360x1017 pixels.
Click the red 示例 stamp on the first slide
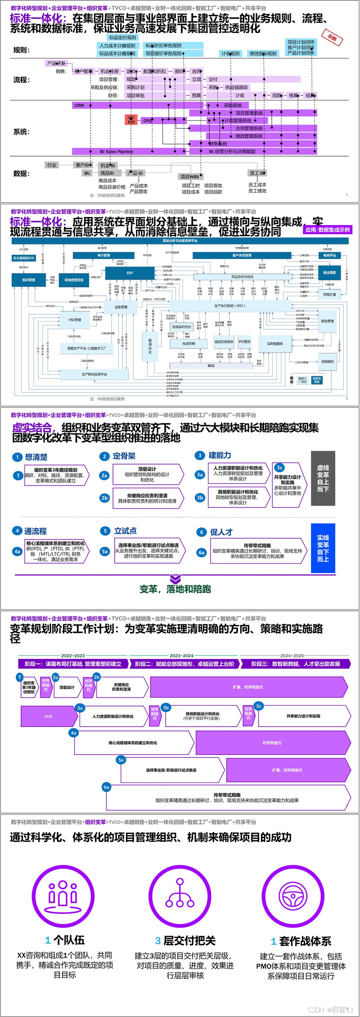332,38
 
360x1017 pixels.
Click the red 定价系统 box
131,120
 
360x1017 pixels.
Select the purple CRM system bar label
79,105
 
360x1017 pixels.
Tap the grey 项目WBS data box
189,176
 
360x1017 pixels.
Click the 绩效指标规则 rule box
263,54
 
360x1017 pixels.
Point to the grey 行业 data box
52,165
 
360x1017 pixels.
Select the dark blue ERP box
130,273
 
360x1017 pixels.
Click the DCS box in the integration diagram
211,366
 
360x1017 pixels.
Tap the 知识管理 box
28,280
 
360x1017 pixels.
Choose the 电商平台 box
330,255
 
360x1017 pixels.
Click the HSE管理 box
75,320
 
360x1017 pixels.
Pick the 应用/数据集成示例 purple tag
328,230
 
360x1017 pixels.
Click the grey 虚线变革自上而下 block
323,479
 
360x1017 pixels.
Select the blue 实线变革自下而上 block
323,548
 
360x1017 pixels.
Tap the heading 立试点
126,531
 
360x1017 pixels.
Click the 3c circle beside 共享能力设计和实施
258,706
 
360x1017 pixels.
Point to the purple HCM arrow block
49,716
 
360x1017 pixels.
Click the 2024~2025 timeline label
292,655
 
